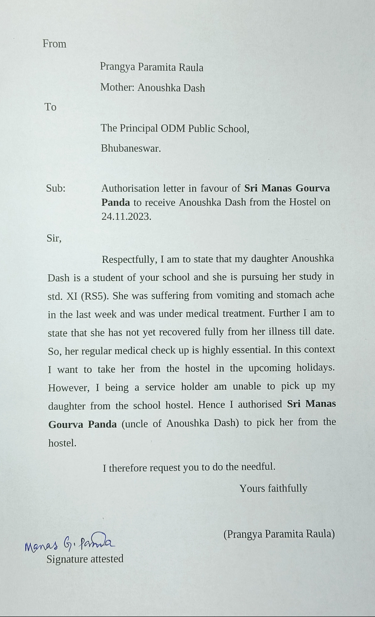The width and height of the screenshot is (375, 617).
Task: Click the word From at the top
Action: (54, 44)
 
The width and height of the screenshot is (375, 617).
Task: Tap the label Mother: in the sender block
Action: (117, 87)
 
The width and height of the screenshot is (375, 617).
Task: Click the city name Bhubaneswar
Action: (131, 148)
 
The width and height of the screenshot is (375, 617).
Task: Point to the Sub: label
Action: (56, 188)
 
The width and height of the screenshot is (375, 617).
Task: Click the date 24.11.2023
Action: (126, 216)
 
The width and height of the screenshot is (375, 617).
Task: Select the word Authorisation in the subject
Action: (130, 188)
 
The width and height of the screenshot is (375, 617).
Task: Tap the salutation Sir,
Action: (54, 238)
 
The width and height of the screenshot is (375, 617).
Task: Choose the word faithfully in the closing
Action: (287, 488)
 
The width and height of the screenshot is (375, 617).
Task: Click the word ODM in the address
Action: (173, 128)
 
